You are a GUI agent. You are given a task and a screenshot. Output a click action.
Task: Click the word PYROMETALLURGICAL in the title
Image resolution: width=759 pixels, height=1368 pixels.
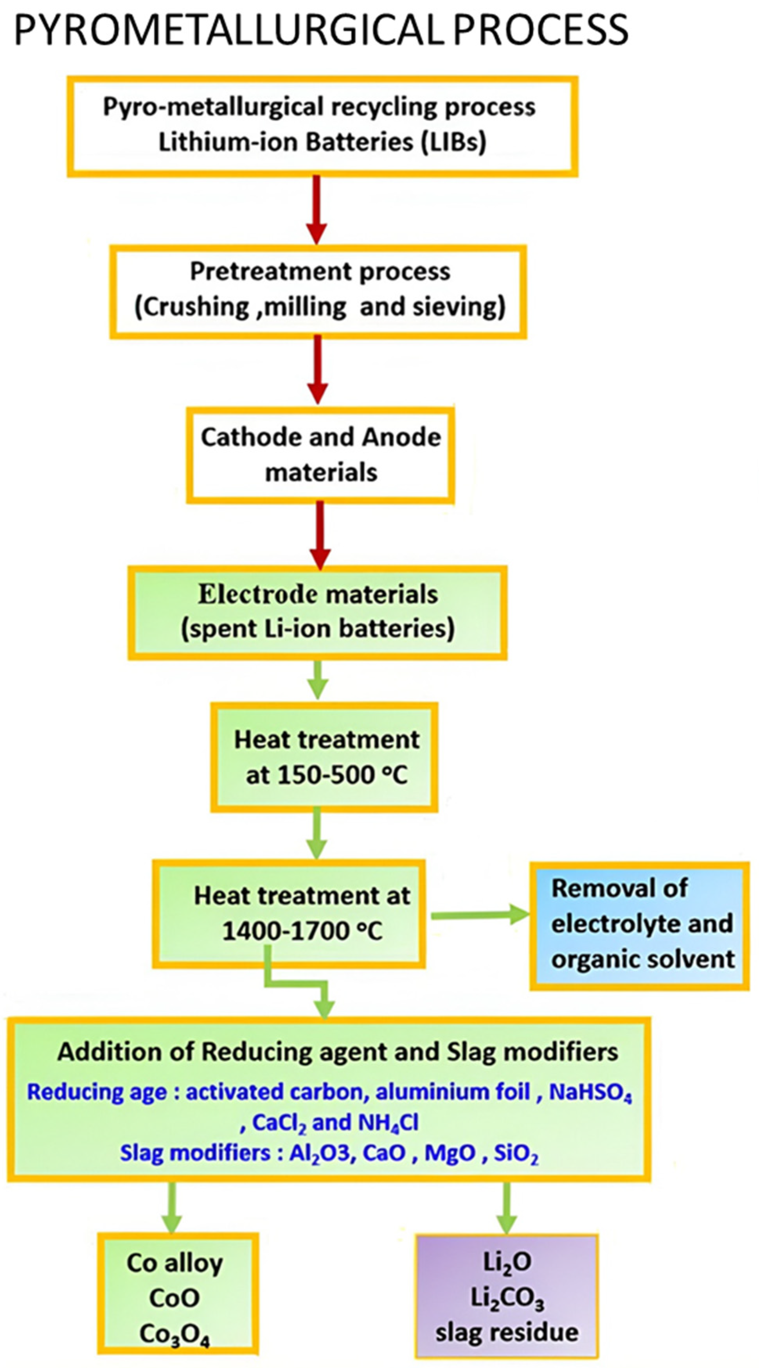tap(228, 30)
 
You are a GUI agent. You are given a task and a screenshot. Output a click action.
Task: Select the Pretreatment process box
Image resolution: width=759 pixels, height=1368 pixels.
tap(318, 291)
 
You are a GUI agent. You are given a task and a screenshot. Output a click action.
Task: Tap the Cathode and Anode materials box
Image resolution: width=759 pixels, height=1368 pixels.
tap(320, 454)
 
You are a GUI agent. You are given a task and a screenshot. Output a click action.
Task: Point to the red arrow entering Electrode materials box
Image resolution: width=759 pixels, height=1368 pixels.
tap(320, 534)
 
